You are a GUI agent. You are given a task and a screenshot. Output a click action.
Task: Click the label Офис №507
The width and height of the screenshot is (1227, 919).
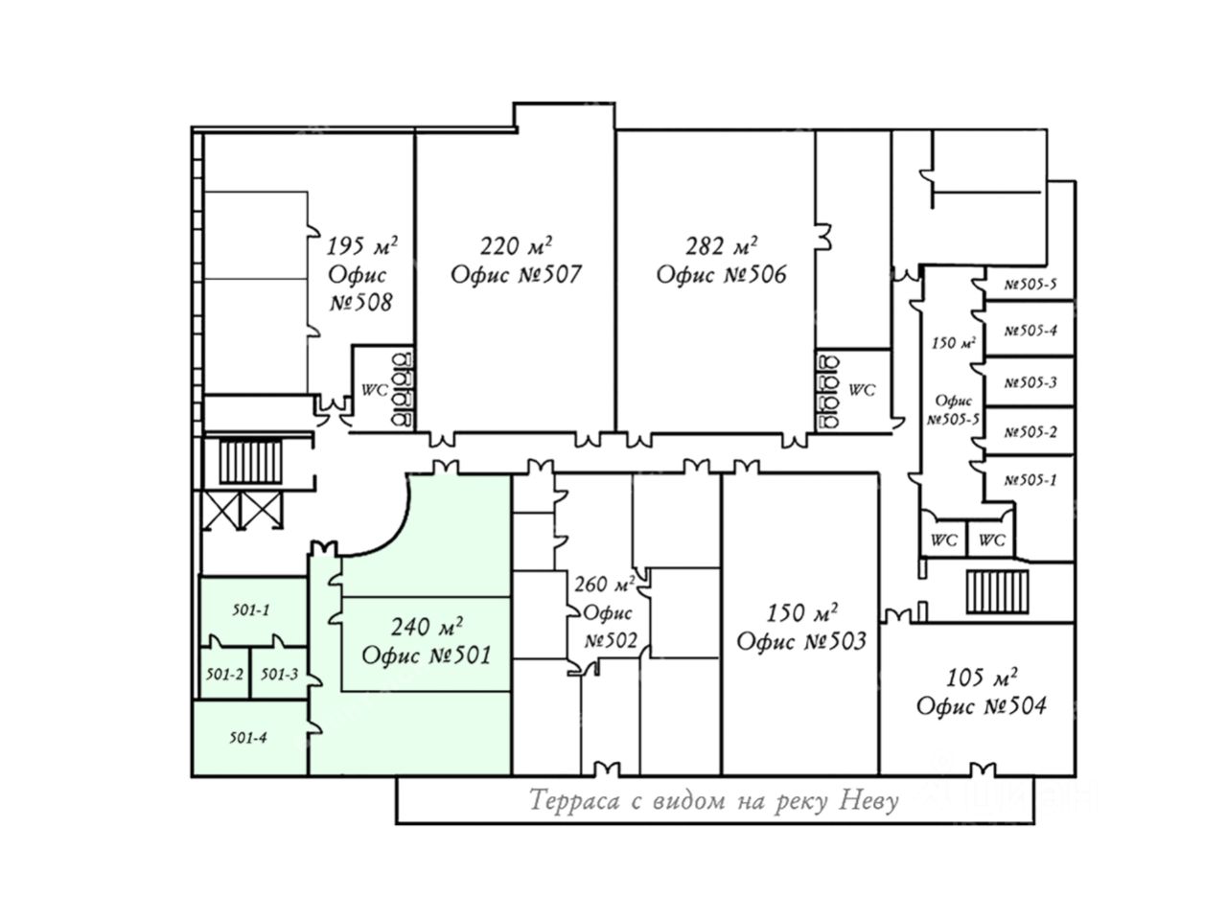click(x=516, y=274)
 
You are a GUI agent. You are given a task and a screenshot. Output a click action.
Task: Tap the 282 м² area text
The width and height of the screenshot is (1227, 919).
click(x=721, y=245)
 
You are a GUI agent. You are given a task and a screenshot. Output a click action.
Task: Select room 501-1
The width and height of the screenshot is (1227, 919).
click(x=251, y=609)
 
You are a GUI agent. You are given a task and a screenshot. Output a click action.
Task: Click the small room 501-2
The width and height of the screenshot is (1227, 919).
click(x=224, y=675)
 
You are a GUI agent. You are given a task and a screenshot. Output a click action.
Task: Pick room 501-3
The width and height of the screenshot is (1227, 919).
click(x=279, y=675)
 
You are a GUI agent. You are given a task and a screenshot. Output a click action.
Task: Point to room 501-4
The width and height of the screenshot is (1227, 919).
click(x=247, y=738)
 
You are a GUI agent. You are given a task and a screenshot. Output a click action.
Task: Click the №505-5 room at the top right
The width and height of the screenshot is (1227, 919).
click(x=1030, y=285)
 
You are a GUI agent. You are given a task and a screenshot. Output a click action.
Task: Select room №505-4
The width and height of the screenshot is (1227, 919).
click(x=1030, y=331)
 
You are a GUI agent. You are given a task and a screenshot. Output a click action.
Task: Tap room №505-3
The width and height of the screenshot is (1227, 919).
click(x=1030, y=382)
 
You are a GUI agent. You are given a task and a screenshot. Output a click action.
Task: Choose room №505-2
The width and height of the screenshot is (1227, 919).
click(x=1030, y=432)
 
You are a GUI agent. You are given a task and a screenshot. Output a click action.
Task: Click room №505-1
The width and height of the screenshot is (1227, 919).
click(x=1030, y=480)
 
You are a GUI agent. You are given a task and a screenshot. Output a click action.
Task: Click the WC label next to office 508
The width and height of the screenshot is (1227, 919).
click(x=374, y=390)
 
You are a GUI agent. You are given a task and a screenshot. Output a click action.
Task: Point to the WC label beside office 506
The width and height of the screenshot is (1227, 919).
click(x=862, y=390)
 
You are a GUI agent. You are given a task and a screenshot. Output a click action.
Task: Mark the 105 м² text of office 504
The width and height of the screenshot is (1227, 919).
click(x=981, y=678)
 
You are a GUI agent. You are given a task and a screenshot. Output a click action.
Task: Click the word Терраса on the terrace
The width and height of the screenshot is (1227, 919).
click(x=574, y=800)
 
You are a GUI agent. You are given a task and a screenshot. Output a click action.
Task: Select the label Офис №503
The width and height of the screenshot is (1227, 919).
click(x=801, y=641)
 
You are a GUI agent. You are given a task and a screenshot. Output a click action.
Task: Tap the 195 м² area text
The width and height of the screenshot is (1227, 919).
click(x=361, y=245)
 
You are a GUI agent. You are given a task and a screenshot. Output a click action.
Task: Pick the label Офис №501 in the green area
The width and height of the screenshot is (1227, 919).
click(x=426, y=655)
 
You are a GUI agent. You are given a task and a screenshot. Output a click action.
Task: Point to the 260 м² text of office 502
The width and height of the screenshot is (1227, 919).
click(x=604, y=584)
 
